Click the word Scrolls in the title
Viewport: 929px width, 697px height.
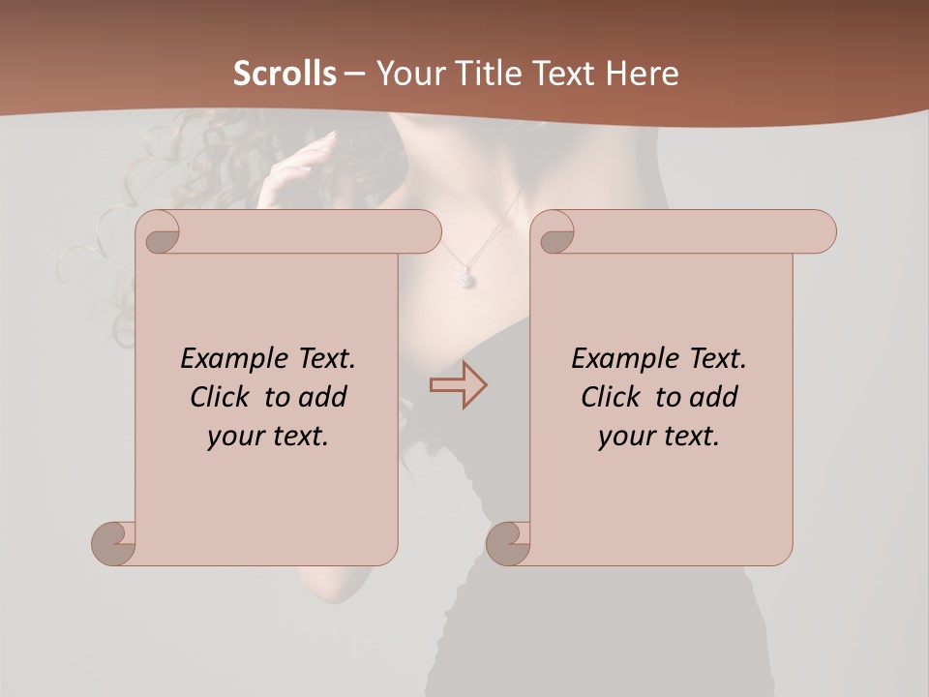[285, 73]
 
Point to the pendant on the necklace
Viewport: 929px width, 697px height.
[465, 279]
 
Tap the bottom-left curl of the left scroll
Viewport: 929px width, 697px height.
[112, 543]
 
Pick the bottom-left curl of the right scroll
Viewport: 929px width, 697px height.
[507, 543]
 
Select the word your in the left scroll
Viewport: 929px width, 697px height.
[235, 437]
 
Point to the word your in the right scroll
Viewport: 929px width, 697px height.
[626, 437]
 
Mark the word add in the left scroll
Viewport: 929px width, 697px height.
[324, 397]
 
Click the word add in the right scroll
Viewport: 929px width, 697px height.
[715, 397]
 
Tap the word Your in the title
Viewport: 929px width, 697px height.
[403, 73]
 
